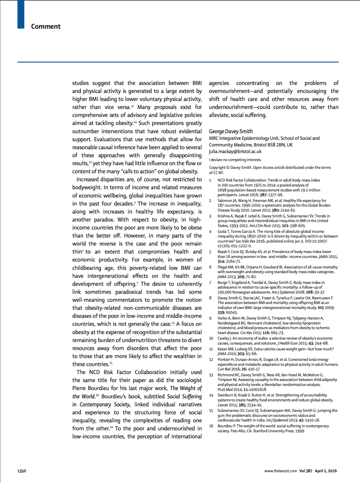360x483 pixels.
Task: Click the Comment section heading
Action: point(46,26)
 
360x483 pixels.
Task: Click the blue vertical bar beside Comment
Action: point(21,14)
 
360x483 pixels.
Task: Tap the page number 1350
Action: point(22,471)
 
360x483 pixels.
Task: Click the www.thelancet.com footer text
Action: point(281,471)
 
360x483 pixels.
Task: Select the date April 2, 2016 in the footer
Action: point(326,471)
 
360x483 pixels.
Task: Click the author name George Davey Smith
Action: point(231,131)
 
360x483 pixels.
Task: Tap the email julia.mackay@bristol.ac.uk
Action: point(235,151)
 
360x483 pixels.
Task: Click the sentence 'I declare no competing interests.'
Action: point(235,160)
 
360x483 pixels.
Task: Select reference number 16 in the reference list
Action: point(211,426)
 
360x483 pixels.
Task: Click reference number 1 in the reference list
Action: point(210,180)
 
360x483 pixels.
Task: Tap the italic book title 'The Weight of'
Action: point(186,388)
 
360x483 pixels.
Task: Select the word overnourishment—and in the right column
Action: point(236,91)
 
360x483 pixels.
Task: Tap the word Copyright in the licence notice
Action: point(217,167)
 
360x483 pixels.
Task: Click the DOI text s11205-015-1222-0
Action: point(234,246)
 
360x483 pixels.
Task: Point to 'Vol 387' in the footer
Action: point(306,471)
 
